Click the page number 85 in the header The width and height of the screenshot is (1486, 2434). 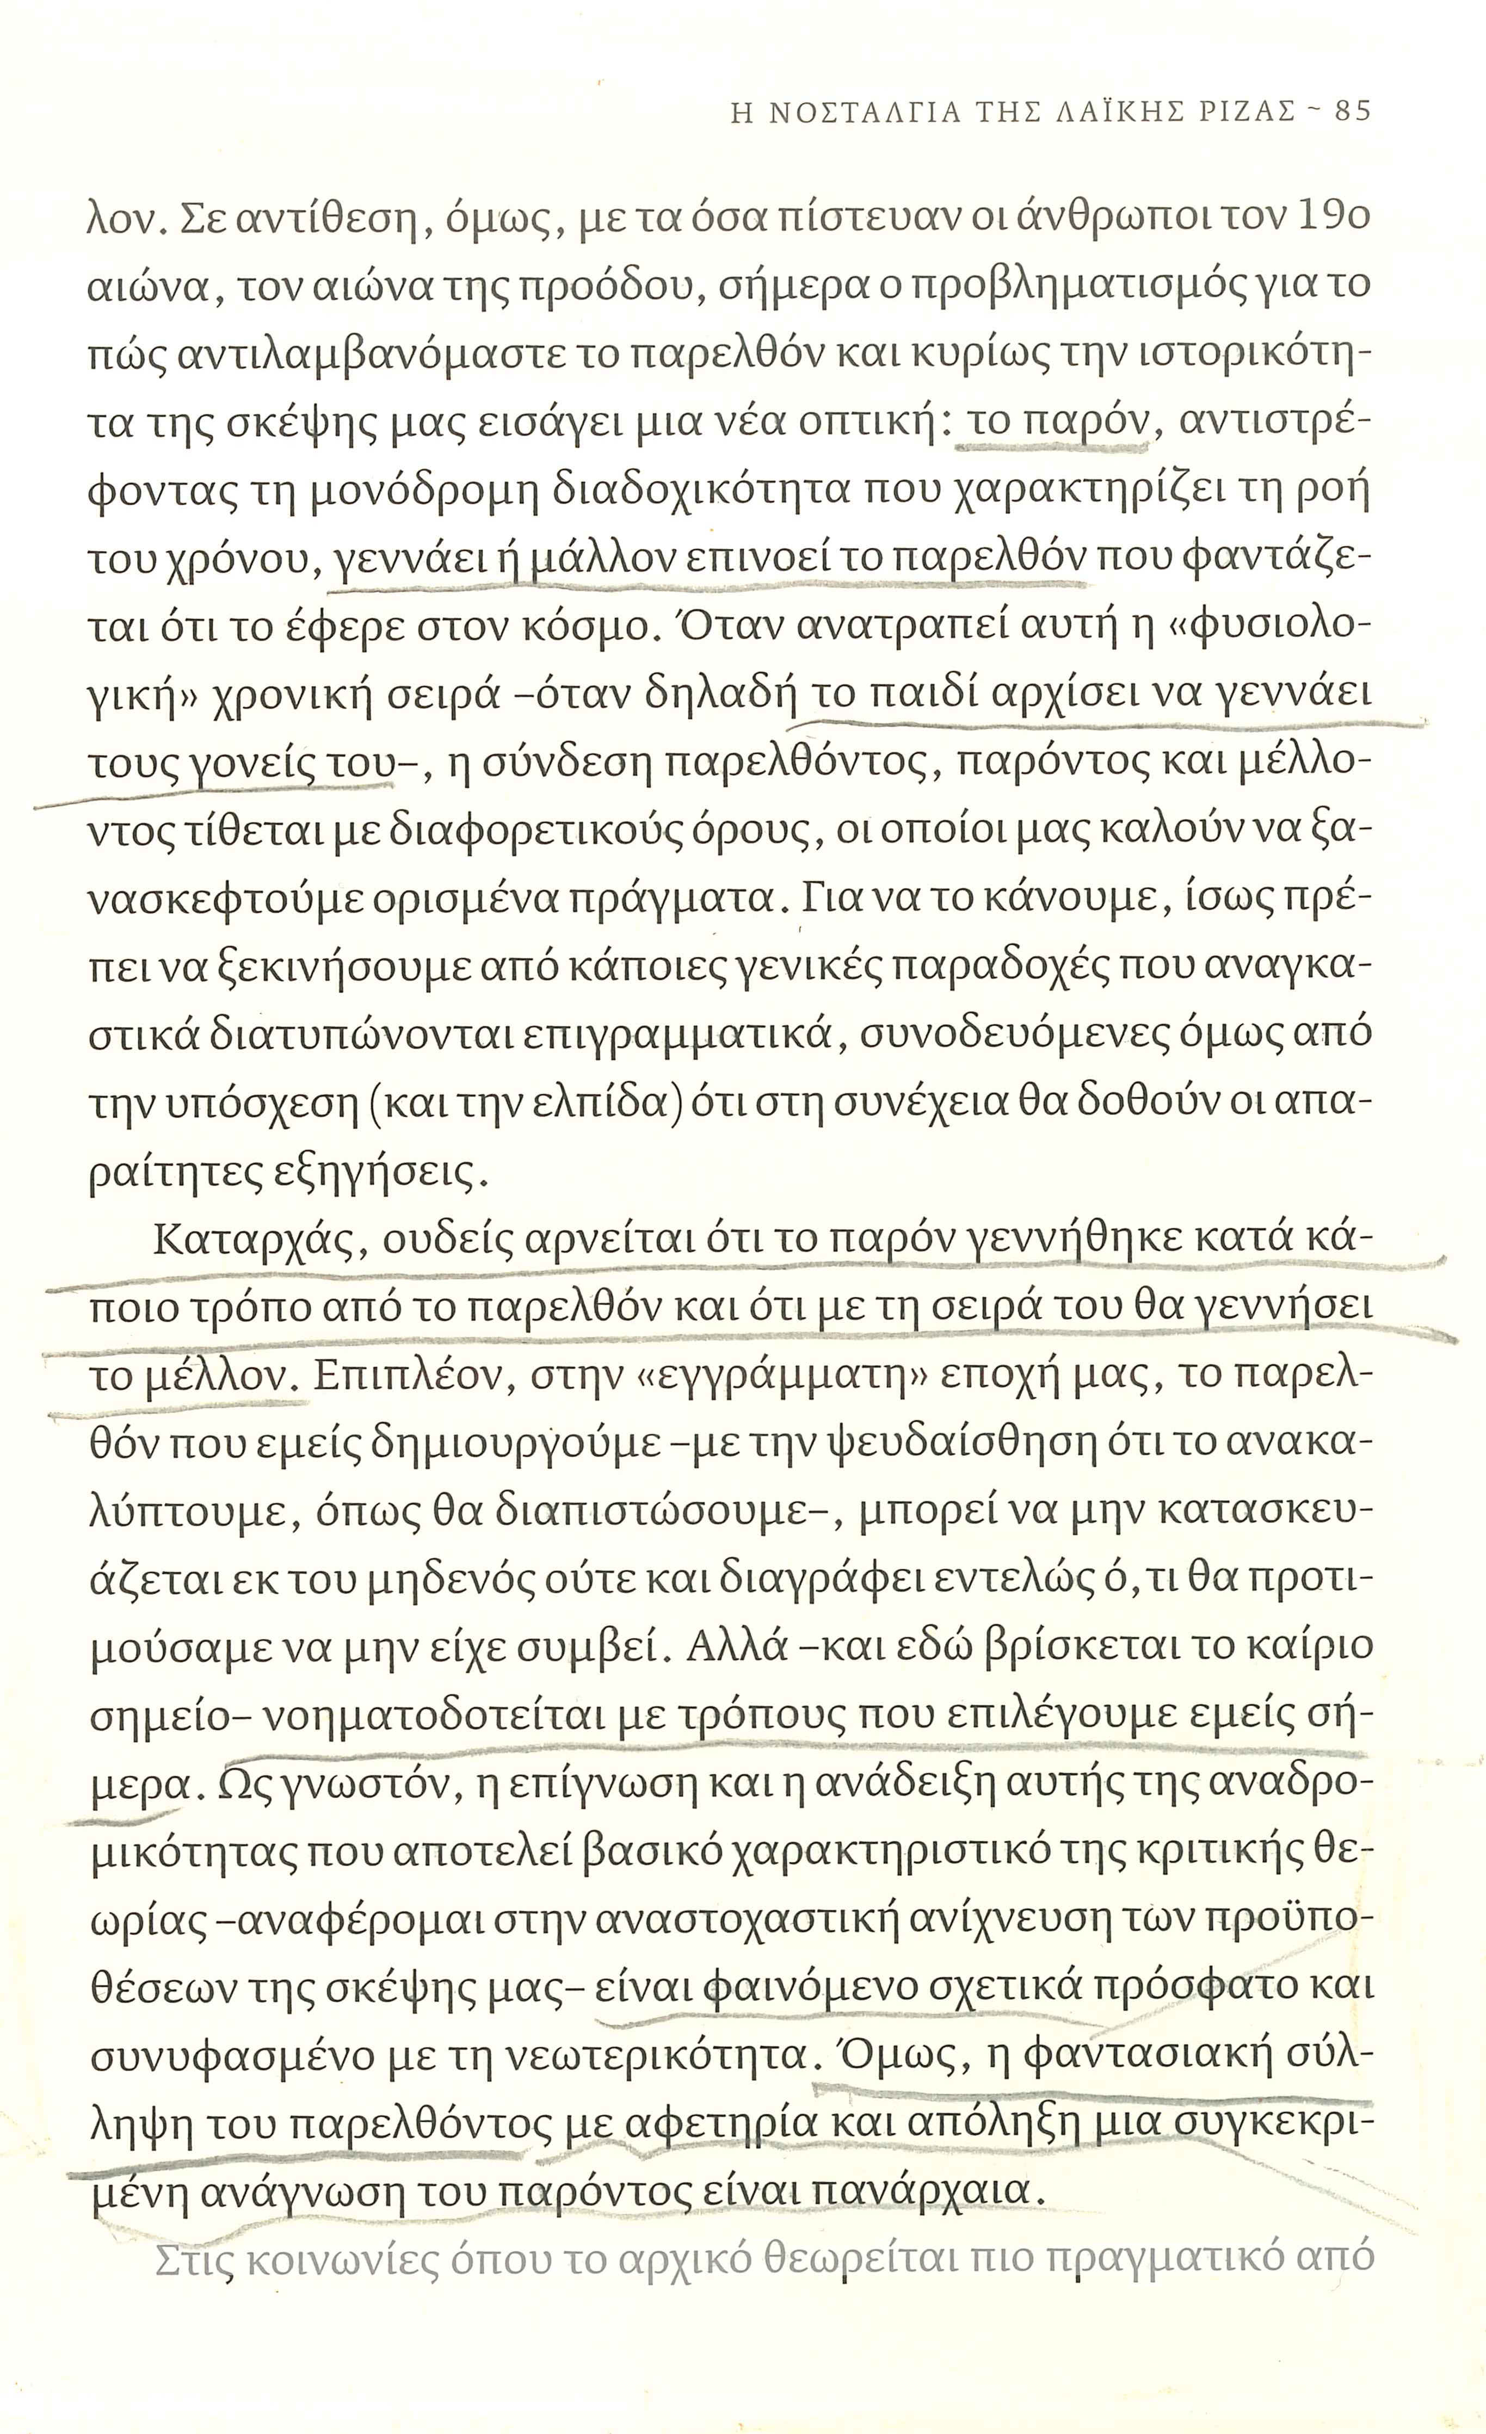[x=1352, y=110]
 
